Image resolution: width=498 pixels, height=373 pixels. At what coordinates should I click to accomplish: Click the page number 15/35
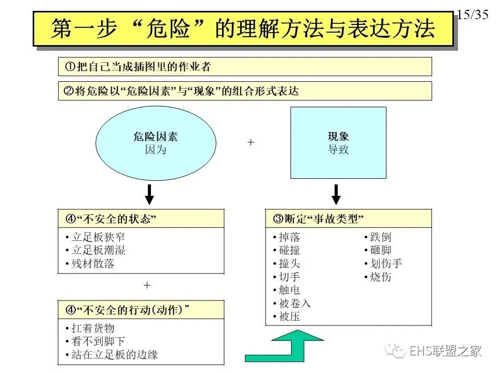click(473, 15)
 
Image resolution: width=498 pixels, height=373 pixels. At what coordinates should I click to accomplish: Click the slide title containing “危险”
click(242, 29)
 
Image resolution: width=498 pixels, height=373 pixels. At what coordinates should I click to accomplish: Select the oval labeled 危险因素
click(156, 143)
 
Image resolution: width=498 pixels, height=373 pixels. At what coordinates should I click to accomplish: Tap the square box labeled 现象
click(338, 142)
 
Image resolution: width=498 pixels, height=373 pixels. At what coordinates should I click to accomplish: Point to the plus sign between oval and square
click(251, 142)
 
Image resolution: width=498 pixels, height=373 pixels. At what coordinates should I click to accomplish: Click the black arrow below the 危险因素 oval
click(149, 194)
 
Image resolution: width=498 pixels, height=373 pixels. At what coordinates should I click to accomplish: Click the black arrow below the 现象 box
click(336, 194)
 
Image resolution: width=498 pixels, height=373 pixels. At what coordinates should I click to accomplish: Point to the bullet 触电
click(289, 290)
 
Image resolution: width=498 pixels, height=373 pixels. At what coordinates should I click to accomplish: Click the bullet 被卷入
click(294, 303)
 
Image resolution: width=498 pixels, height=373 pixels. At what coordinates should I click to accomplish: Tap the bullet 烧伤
click(380, 277)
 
